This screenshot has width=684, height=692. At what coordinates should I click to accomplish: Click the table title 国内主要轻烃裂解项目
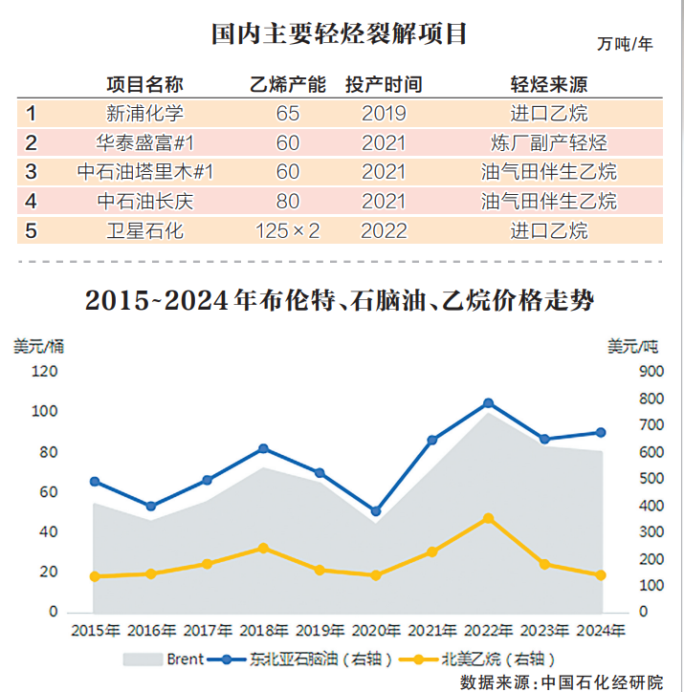pos(340,34)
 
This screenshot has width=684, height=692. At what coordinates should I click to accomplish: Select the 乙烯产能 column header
pos(287,84)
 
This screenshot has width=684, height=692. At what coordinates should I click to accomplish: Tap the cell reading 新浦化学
pos(144,114)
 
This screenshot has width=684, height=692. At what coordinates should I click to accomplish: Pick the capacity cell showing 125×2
pos(287,231)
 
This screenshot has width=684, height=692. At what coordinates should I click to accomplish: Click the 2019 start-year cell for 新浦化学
pos(384,114)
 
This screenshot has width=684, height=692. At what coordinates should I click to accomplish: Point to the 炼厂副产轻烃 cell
pos(548,143)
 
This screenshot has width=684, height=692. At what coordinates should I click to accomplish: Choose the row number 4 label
pos(31,202)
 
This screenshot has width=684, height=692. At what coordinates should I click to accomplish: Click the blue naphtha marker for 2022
pos(489,403)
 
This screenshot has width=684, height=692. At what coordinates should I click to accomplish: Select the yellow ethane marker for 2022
pos(489,518)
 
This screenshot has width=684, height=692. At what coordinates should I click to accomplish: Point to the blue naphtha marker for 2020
pos(376,511)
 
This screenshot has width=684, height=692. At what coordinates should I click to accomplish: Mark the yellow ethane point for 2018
pos(263,548)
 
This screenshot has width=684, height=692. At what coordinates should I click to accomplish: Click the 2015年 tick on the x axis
pos(95,631)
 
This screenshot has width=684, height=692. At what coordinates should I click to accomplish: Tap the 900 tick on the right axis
pos(651,372)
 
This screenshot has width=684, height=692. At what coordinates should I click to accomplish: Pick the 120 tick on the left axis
pos(44,372)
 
